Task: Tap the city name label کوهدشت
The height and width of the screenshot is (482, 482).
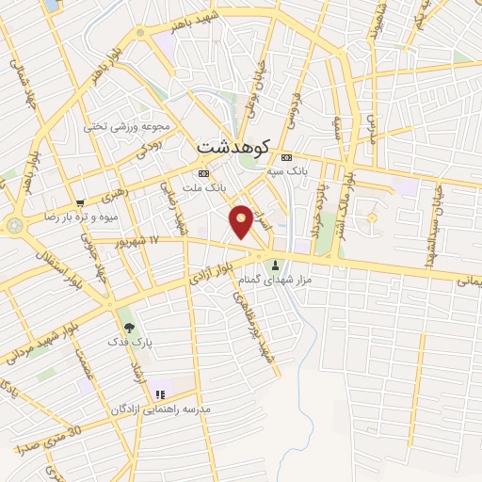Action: pos(234,147)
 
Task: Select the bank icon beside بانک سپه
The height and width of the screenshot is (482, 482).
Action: pos(287,157)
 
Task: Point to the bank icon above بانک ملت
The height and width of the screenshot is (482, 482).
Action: pos(203,174)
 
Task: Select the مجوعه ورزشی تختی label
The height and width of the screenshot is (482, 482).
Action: pos(126,126)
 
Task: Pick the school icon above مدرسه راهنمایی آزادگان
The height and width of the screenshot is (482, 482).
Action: pos(161,394)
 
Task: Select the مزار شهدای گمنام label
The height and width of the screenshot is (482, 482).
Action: pos(276,280)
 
